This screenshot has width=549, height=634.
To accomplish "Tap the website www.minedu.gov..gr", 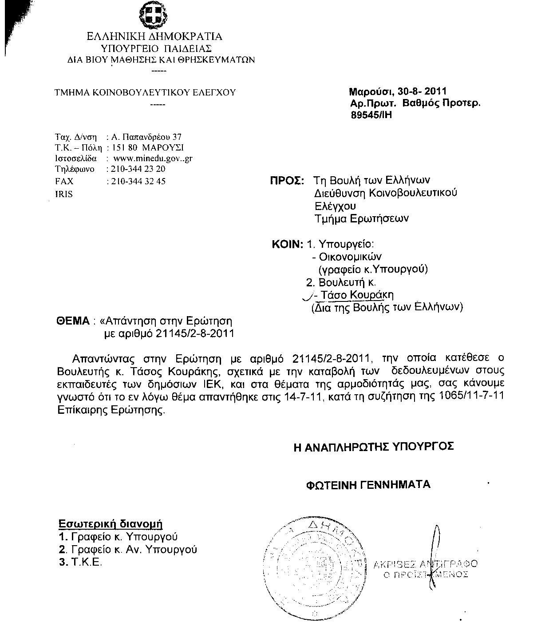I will pyautogui.click(x=153, y=158).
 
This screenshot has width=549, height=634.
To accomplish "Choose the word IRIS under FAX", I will pyautogui.click(x=63, y=194).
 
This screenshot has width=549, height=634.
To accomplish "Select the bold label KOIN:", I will pyautogui.click(x=288, y=244).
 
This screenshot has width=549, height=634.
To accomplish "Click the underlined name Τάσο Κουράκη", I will pyautogui.click(x=357, y=295).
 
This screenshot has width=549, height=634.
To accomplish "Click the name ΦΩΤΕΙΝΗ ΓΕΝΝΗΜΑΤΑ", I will pyautogui.click(x=368, y=484).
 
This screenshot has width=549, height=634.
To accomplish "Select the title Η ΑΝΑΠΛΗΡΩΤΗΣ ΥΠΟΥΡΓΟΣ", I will pyautogui.click(x=374, y=447).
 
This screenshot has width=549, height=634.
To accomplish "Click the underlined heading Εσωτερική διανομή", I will pyautogui.click(x=111, y=524).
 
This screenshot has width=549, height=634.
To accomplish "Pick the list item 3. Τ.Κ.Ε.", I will pyautogui.click(x=81, y=562).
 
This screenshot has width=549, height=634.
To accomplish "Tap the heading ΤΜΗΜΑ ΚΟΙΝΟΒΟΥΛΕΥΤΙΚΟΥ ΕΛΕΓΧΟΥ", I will pyautogui.click(x=145, y=93).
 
